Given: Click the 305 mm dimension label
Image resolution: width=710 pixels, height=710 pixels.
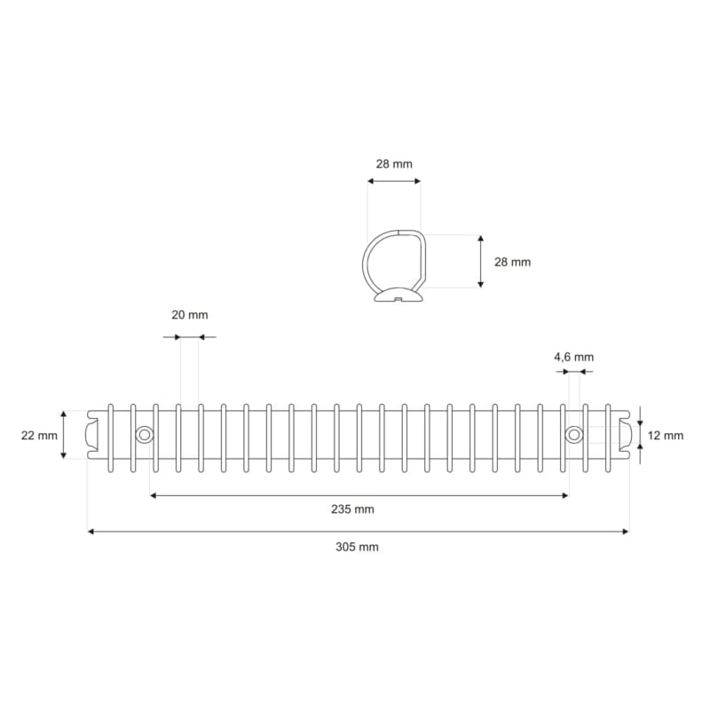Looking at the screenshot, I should [x=357, y=547].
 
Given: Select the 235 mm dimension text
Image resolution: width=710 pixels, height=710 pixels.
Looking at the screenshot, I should [x=352, y=509].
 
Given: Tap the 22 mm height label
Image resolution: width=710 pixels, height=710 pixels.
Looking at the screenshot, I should [x=39, y=435].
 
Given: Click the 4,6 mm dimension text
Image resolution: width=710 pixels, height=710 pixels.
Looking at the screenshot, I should [x=573, y=357].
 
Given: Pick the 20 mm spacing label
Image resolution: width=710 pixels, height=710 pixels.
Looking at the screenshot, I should [x=189, y=315].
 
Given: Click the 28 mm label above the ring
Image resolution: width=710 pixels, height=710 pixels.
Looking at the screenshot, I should [x=393, y=164].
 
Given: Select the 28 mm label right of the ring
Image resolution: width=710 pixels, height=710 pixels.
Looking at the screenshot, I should [x=512, y=262].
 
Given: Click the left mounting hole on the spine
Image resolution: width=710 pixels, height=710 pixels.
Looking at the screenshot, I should [x=143, y=434].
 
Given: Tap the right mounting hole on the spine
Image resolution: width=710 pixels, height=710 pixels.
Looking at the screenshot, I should [x=574, y=434].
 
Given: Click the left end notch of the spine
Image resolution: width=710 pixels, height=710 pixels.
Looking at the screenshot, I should [x=92, y=435].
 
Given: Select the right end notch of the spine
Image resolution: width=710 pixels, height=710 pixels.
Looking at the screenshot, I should [x=625, y=435].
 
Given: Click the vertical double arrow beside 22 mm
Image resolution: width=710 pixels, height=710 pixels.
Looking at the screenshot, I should [x=64, y=435].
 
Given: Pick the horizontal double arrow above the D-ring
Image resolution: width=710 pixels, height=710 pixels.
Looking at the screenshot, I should [x=394, y=181].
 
